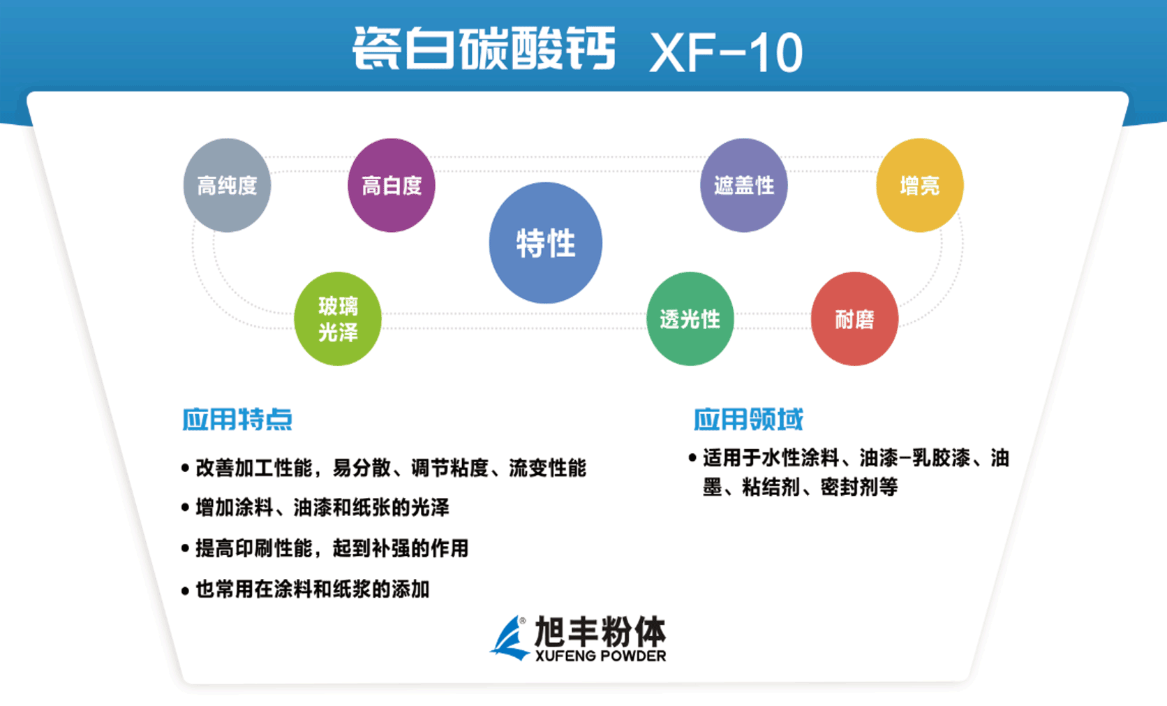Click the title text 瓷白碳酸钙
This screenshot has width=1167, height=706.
pyautogui.click(x=484, y=49)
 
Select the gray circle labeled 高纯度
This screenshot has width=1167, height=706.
pyautogui.click(x=227, y=185)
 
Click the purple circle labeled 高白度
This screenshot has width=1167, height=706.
pyautogui.click(x=392, y=185)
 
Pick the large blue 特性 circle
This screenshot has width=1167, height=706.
pyautogui.click(x=545, y=243)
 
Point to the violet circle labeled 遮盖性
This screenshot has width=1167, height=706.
pyautogui.click(x=744, y=185)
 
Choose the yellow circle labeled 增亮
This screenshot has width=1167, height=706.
pyautogui.click(x=919, y=185)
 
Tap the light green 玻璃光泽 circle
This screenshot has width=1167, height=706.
pyautogui.click(x=338, y=318)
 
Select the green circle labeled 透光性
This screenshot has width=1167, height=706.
pyautogui.click(x=690, y=318)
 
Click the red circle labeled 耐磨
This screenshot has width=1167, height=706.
pyautogui.click(x=854, y=318)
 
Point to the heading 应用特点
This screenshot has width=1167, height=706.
pyautogui.click(x=237, y=419)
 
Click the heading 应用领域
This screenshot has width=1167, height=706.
pyautogui.click(x=748, y=419)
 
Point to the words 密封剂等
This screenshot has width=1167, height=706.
pyautogui.click(x=858, y=487)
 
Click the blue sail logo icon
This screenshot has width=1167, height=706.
pyautogui.click(x=510, y=638)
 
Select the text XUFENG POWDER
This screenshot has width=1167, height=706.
pyautogui.click(x=600, y=656)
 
